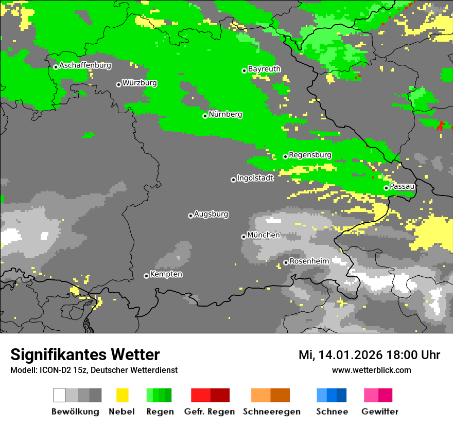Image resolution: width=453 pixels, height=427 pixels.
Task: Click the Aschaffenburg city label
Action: pyautogui.click(x=85, y=65)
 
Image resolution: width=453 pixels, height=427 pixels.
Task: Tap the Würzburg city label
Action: pyautogui.click(x=140, y=83)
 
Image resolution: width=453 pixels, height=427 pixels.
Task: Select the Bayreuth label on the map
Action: pyautogui.click(x=264, y=69)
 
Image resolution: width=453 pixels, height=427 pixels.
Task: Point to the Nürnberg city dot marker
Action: pyautogui.click(x=205, y=116)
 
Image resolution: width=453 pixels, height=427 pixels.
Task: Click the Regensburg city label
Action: pyautogui.click(x=310, y=155)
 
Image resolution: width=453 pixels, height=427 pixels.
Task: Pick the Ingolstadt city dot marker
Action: pyautogui.click(x=233, y=180)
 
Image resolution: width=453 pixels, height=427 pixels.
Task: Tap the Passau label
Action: pyautogui.click(x=402, y=186)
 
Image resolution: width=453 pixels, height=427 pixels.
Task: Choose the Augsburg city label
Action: pyautogui.click(x=211, y=214)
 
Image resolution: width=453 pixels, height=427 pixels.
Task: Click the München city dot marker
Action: pyautogui.click(x=243, y=237)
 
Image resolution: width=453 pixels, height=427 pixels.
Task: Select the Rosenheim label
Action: pyautogui.click(x=309, y=261)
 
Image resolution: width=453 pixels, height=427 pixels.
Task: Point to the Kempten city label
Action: pyautogui.click(x=166, y=274)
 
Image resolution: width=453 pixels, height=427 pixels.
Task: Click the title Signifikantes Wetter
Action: pyautogui.click(x=85, y=355)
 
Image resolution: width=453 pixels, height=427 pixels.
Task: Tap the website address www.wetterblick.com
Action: pyautogui.click(x=371, y=370)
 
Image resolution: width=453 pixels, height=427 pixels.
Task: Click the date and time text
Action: pyautogui.click(x=369, y=355)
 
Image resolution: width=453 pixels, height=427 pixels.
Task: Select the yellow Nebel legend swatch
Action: pyautogui.click(x=122, y=395)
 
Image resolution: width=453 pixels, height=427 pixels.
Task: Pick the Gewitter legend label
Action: pyautogui.click(x=379, y=412)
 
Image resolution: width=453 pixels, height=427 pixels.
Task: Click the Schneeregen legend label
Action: pyautogui.click(x=272, y=412)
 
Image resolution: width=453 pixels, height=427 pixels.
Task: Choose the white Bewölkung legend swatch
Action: pyautogui.click(x=60, y=395)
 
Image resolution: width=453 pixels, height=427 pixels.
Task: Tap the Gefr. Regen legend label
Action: pyautogui.click(x=210, y=412)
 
